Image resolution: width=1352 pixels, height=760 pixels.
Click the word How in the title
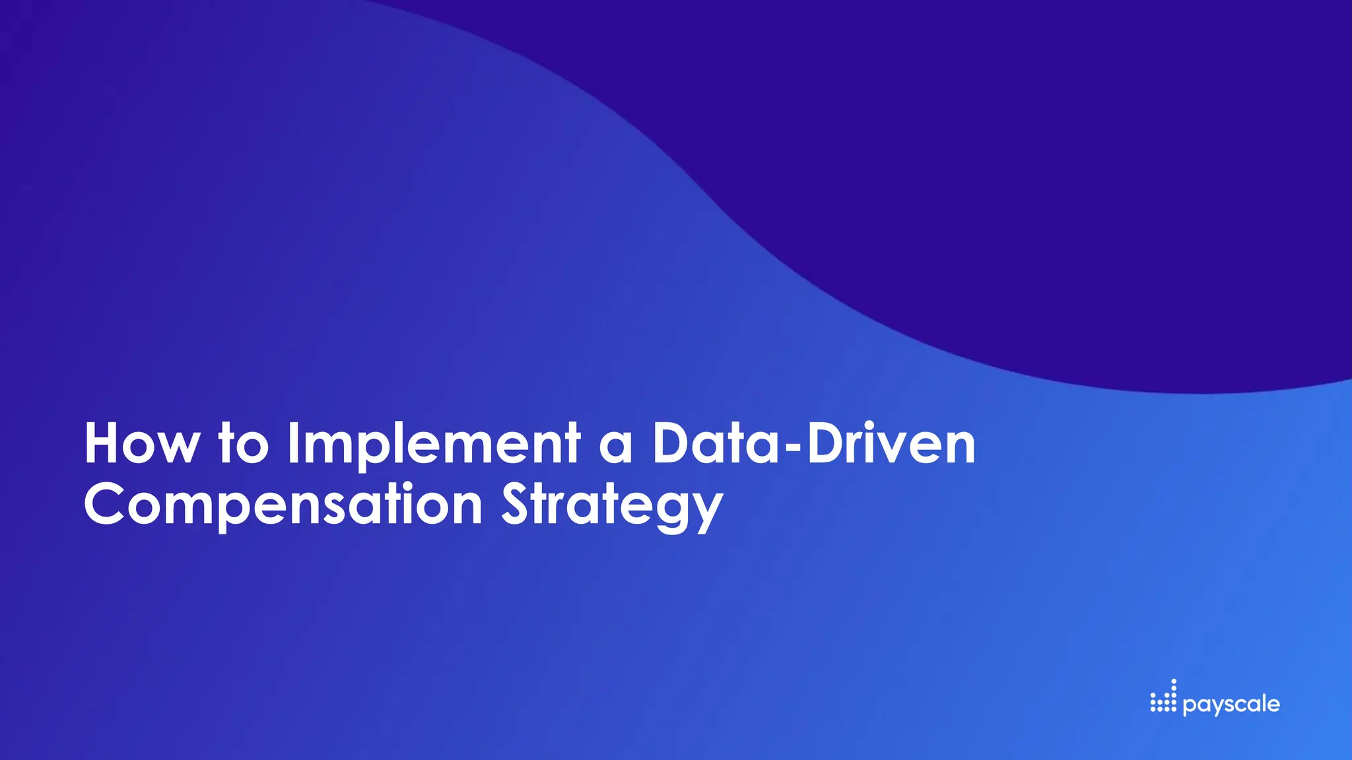point(141,444)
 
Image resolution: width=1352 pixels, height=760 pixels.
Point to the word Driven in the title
point(891,444)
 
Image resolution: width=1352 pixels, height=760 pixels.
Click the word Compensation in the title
point(283,505)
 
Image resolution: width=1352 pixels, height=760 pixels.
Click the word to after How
point(244,444)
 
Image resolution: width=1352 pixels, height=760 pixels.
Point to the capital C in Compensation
point(105,504)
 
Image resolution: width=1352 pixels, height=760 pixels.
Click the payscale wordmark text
point(1231,705)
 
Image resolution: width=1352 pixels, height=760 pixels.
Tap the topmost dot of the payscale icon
point(1173,681)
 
